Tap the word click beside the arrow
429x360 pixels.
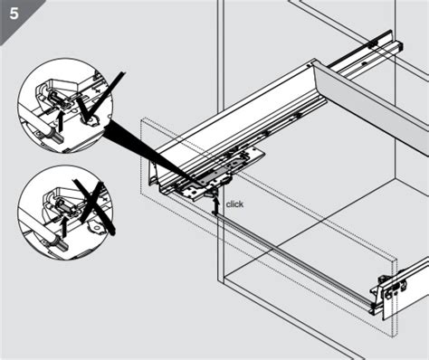click(x=235, y=204)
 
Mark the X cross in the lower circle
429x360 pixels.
click(x=91, y=203)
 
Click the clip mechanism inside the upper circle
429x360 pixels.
click(x=63, y=94)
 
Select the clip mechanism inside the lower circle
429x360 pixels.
click(x=63, y=201)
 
